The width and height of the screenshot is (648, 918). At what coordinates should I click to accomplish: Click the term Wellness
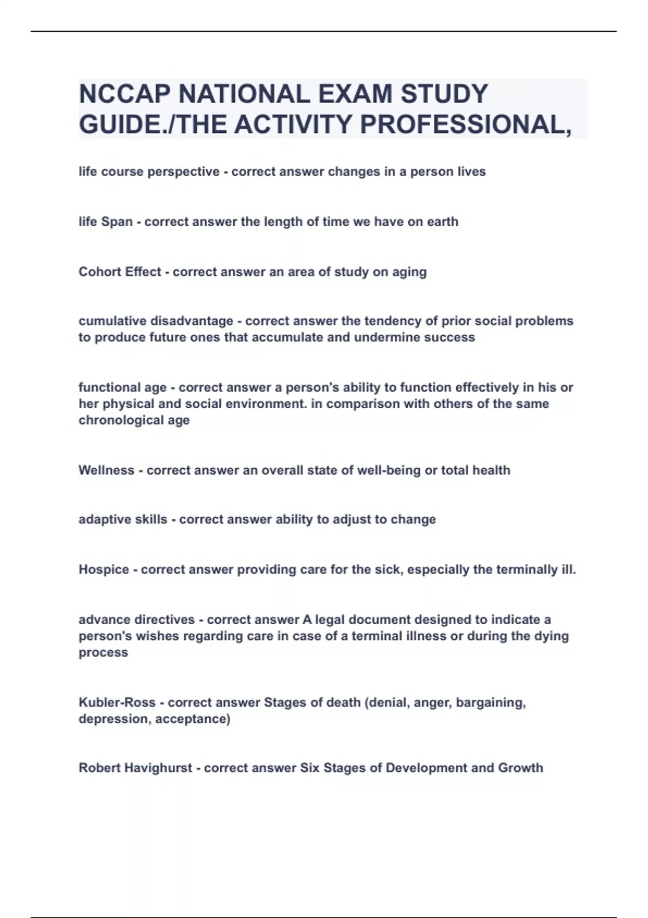pos(106,470)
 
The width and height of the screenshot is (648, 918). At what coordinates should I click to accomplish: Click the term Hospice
pos(104,570)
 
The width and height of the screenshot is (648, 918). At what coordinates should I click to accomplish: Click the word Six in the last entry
pos(310,768)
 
